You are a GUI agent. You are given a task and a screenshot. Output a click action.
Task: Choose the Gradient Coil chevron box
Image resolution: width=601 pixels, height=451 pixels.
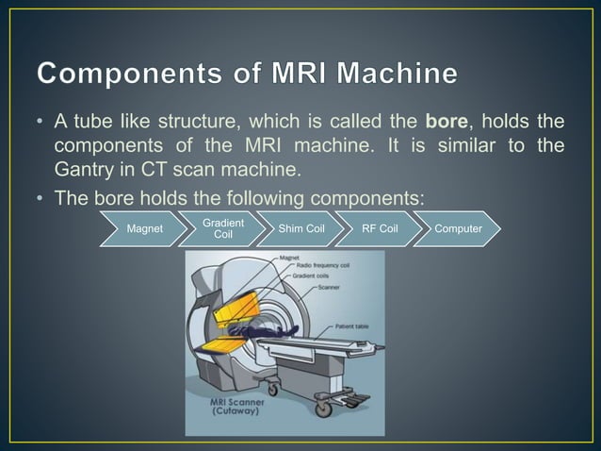[x=223, y=229]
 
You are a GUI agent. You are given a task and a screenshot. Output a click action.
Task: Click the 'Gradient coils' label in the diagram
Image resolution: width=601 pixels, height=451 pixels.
[x=321, y=276]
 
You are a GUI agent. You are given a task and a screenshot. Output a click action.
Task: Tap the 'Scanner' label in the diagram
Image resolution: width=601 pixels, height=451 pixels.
[x=330, y=287]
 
